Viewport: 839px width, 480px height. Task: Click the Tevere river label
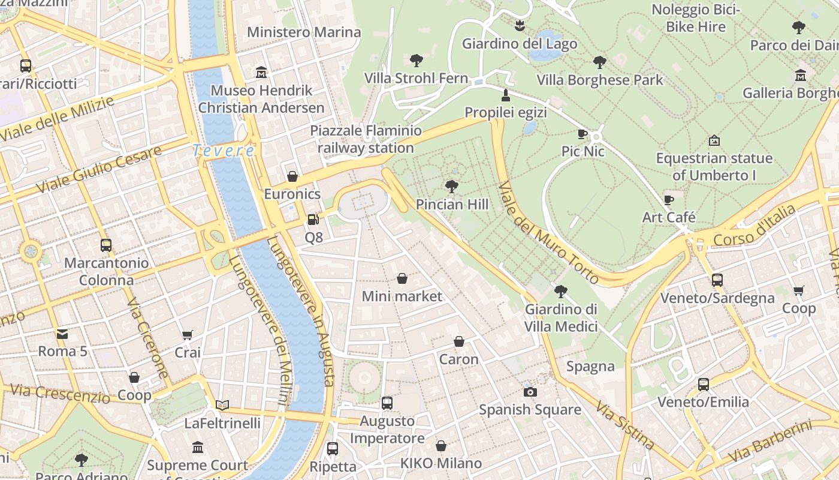(x=224, y=151)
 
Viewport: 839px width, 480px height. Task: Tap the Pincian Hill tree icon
(x=452, y=187)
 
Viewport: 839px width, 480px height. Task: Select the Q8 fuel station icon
(x=313, y=220)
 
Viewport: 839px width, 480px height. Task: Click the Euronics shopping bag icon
(x=292, y=176)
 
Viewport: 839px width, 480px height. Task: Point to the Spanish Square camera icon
(x=530, y=392)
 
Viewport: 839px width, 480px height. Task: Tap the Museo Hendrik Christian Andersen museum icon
(x=261, y=73)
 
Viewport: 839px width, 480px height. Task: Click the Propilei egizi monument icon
(x=506, y=95)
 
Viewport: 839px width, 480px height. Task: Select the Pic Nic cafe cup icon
(x=582, y=134)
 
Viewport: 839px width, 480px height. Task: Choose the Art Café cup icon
(x=669, y=200)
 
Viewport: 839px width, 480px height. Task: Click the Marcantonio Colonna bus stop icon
(x=106, y=245)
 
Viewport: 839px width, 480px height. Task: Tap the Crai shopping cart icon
(x=188, y=334)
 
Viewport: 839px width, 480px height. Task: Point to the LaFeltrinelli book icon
(x=222, y=405)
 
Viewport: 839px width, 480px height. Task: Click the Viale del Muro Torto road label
(x=548, y=233)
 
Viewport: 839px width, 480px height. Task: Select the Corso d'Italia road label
(x=754, y=226)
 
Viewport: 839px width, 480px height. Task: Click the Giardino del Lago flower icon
(x=520, y=26)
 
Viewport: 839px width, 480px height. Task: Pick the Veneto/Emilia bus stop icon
(x=704, y=384)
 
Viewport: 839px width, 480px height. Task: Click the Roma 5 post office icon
(x=62, y=334)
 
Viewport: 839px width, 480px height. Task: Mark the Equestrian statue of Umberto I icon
(x=714, y=141)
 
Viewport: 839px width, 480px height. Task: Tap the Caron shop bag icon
(x=459, y=341)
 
